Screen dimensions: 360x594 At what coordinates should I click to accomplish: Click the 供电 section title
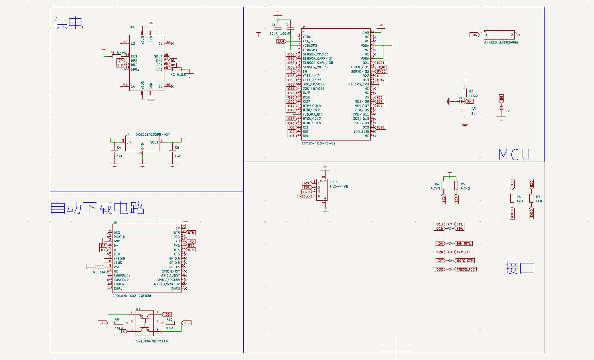click(x=68, y=23)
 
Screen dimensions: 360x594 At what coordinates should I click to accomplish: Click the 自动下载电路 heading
click(x=97, y=208)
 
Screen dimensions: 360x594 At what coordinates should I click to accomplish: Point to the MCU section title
click(x=514, y=155)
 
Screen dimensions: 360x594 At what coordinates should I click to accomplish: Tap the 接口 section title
click(x=519, y=268)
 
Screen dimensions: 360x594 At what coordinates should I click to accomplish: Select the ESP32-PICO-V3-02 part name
click(x=318, y=143)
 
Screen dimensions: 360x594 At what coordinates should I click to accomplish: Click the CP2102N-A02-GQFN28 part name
click(x=132, y=296)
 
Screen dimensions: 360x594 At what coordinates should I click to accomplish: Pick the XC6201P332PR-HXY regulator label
click(x=153, y=135)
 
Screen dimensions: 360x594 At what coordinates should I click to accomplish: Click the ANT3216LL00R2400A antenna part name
click(x=501, y=42)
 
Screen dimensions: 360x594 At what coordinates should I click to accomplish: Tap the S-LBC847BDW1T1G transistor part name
click(x=152, y=341)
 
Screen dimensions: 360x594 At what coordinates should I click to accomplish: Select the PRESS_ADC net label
click(x=466, y=269)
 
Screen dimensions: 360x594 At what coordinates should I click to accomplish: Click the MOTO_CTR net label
click(x=465, y=261)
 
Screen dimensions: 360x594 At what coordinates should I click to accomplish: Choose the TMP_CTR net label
click(x=464, y=252)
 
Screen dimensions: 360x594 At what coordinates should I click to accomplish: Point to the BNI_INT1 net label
click(x=464, y=243)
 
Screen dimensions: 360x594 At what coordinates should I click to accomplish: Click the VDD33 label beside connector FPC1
click(x=304, y=196)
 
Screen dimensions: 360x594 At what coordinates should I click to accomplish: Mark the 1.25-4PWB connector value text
click(x=339, y=186)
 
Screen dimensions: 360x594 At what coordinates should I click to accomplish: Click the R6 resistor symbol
click(x=512, y=198)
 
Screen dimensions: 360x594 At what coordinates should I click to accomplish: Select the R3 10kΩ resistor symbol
click(x=465, y=94)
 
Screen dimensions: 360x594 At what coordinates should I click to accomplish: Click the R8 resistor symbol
click(x=99, y=267)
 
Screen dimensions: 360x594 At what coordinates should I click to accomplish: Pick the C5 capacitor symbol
click(x=173, y=151)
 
